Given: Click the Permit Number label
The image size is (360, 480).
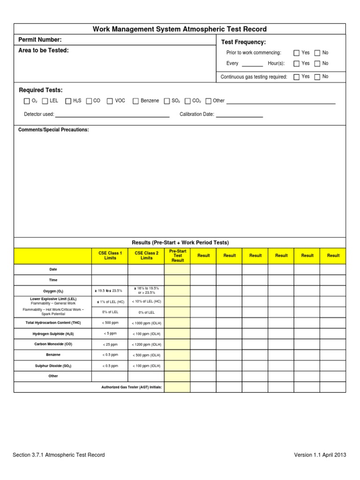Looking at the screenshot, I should point(40,40).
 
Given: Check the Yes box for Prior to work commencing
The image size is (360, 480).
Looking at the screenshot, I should point(296,53).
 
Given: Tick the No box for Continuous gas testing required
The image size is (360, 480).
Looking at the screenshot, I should point(317,77).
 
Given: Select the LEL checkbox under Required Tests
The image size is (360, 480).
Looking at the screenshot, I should point(45,101).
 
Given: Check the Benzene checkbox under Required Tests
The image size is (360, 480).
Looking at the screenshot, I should point(136,101).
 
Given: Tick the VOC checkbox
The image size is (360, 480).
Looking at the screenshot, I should point(110,101).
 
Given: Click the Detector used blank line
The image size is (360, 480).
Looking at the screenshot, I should point(112,115).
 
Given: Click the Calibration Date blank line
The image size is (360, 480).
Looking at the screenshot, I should point(239,115).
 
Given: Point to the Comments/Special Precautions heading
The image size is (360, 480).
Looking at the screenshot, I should point(53,130).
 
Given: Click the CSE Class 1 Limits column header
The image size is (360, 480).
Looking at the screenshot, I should point(110,255).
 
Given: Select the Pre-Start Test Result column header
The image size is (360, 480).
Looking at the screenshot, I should point(178,255).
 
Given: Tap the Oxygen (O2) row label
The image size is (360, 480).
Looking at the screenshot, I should point(53,291).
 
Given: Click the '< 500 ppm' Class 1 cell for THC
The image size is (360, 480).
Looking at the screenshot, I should point(110,323).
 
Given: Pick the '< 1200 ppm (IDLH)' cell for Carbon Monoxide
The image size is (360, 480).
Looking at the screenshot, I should point(146,345).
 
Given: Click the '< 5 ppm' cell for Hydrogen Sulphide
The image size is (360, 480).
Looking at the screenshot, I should point(110,334).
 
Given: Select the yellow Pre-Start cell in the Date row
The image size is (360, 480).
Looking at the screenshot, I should point(177,270).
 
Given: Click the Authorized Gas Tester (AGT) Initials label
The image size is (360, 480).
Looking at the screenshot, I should point(132,388).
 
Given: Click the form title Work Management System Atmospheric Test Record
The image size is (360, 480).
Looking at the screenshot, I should point(180,29).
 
